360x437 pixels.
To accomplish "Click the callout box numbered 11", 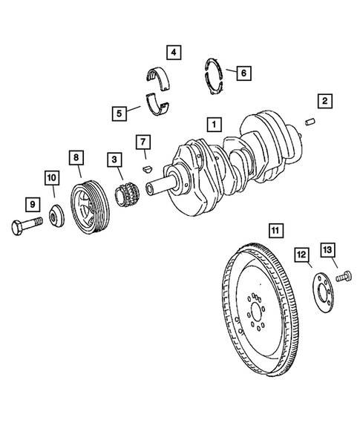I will click(275, 231).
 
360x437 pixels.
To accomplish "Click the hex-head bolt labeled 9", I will click(26, 227).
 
